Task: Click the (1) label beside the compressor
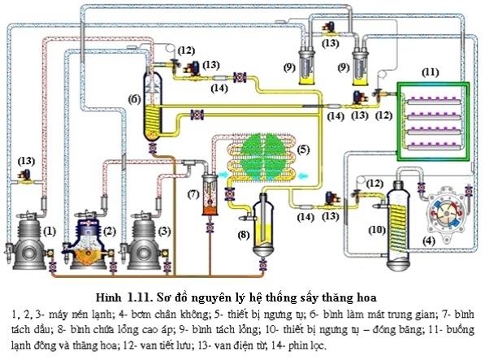(x=50, y=232)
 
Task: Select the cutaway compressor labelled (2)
(x=89, y=241)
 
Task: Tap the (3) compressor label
(x=164, y=232)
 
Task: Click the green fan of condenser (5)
(x=263, y=154)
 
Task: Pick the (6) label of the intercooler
(x=135, y=99)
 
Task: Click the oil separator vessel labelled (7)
(x=210, y=194)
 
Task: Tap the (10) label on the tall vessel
(x=377, y=230)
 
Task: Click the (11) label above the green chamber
(x=431, y=72)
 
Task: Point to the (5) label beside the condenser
(x=303, y=150)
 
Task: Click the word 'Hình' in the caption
(x=108, y=297)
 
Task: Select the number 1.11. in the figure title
(x=140, y=297)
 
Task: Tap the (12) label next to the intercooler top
(x=186, y=50)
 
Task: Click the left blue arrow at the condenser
(x=222, y=175)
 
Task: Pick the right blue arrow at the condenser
(x=304, y=176)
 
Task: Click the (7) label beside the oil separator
(x=193, y=194)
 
